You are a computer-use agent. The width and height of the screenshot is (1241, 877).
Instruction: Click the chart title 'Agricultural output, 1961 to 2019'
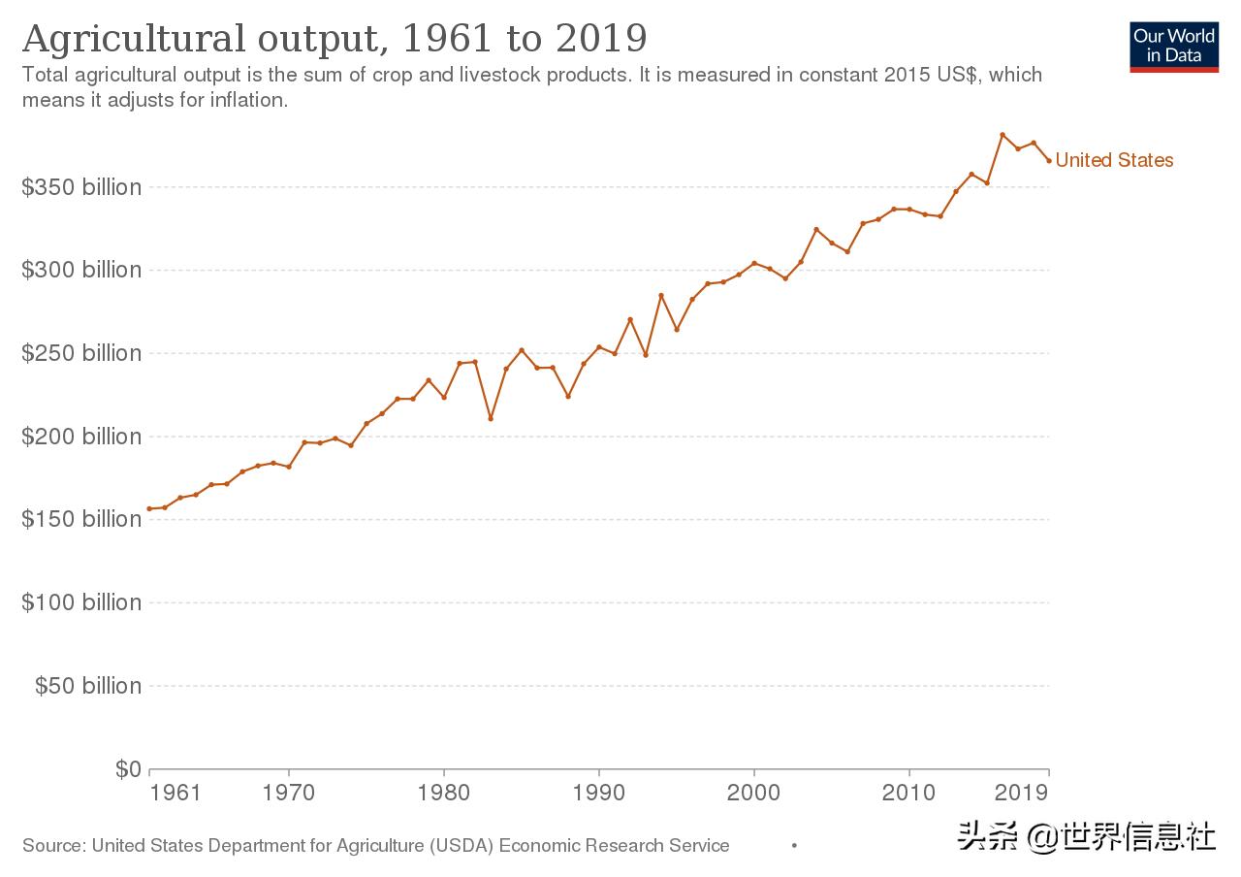coord(334,39)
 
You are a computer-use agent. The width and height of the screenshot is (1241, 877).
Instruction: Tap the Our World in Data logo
coord(1174,46)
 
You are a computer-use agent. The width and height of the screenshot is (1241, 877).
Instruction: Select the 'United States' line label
coord(1114,160)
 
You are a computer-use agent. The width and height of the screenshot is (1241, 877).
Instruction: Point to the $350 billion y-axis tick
coord(81,187)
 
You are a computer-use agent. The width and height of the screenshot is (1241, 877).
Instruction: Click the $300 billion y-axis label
coord(81,270)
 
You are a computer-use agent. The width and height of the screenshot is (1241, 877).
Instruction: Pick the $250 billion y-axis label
coord(81,353)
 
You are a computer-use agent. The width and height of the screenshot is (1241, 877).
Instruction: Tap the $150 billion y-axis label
coord(81,519)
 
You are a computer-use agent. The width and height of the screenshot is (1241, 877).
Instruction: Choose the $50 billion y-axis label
coord(88,686)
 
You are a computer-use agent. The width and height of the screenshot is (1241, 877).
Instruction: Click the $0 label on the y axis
coord(128,769)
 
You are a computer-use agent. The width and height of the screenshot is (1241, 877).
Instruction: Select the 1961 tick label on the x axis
coord(175,793)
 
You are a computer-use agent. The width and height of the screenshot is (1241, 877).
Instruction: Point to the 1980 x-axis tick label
coord(444,793)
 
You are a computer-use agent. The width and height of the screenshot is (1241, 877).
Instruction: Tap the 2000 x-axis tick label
coord(754,793)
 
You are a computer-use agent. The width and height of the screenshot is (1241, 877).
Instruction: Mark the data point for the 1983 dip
coord(491,418)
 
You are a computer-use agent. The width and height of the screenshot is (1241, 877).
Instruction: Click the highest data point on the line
coord(1002,135)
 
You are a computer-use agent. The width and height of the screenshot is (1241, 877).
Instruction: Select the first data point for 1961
coord(149,508)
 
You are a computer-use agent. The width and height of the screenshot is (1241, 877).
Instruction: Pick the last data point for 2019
coord(1049,161)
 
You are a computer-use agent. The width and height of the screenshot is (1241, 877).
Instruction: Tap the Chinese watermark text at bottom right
coord(1086,836)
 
